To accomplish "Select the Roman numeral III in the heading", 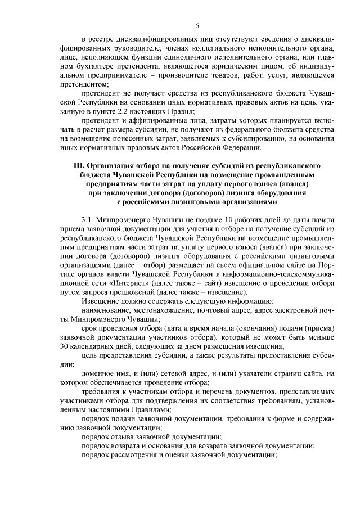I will pyautogui.click(x=79, y=166).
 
